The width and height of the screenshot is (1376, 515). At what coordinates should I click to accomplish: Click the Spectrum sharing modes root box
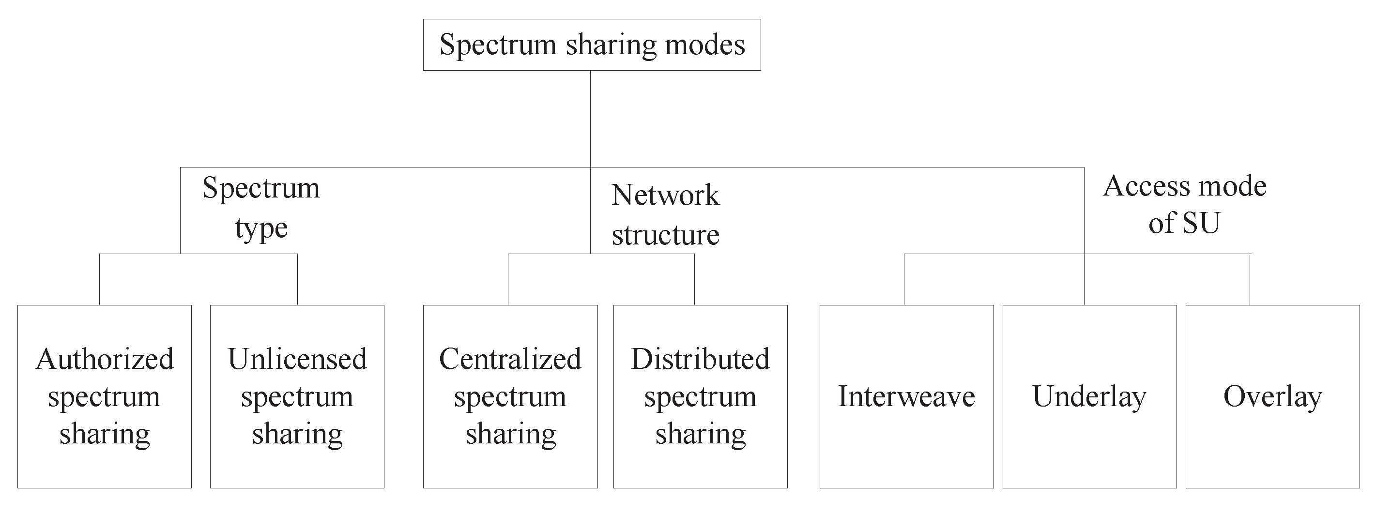[x=592, y=45]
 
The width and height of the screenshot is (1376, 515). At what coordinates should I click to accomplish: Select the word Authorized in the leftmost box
[x=105, y=359]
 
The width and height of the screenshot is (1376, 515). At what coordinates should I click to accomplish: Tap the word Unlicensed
[x=297, y=359]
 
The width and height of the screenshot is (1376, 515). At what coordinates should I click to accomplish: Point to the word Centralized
[x=510, y=359]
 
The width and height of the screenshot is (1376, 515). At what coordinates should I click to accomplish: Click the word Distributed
[x=700, y=359]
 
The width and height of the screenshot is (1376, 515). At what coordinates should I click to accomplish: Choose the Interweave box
[x=906, y=396]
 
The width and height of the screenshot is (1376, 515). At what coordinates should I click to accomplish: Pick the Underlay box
[x=1089, y=396]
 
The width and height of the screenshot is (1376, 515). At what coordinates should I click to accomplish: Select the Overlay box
[x=1272, y=396]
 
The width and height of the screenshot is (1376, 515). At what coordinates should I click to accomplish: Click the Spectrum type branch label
[x=261, y=208]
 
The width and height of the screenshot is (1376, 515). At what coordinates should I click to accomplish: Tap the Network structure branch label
[x=666, y=215]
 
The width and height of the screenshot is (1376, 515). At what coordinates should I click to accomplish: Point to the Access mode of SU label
[x=1185, y=204]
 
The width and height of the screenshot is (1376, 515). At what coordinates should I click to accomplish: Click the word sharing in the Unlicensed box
[x=297, y=434]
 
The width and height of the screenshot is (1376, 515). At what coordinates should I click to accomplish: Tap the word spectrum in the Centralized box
[x=510, y=397]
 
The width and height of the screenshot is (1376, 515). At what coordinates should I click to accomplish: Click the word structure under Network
[x=666, y=235]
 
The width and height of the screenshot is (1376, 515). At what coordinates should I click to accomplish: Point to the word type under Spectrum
[x=261, y=228]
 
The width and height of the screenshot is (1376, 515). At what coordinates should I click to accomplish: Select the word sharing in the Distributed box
[x=700, y=434]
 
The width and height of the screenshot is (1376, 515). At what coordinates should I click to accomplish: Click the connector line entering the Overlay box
[x=1250, y=280]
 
